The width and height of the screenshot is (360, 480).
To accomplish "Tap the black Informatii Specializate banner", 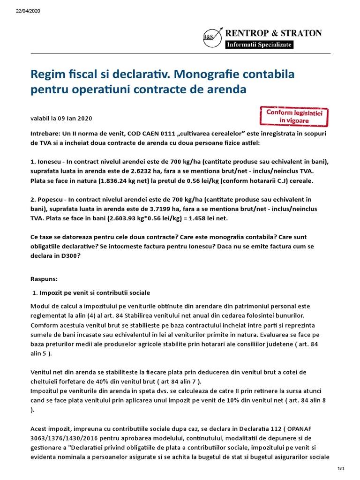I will point(259,44).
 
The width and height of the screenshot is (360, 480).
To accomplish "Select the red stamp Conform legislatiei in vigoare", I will point(294,116).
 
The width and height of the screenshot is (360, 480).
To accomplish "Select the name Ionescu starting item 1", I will point(50,162).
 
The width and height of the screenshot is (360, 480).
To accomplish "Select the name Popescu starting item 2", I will point(51,199).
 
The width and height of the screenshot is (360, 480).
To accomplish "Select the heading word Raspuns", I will point(44,279).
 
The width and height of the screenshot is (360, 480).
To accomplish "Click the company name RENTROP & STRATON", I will point(274,33).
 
